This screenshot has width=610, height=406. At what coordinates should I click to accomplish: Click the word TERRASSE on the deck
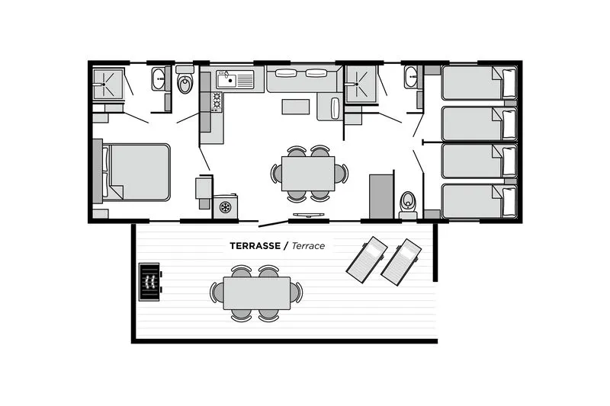(255, 246)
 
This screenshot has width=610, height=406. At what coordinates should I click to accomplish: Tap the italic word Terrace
(308, 246)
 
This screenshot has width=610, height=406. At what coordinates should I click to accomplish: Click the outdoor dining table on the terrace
(256, 293)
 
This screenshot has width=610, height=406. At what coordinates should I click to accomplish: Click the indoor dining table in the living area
(308, 173)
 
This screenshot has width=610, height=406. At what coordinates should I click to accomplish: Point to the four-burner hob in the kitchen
(216, 101)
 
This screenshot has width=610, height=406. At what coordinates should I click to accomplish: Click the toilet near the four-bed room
(408, 202)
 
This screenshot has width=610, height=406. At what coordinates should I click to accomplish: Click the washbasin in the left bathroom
(159, 78)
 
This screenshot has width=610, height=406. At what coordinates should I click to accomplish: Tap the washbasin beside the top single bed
(411, 77)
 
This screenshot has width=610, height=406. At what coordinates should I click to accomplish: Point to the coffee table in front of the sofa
(296, 107)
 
